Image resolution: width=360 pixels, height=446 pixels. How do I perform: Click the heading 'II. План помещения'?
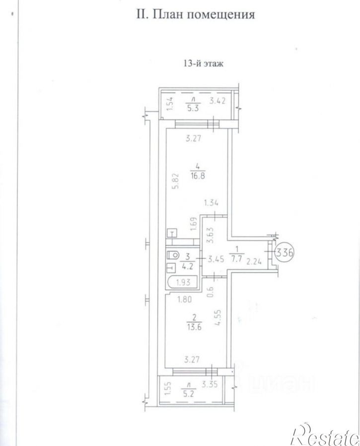[196, 14]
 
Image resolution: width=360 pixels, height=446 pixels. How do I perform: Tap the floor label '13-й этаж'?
[204, 63]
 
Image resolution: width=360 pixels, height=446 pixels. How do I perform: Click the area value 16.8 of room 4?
[198, 175]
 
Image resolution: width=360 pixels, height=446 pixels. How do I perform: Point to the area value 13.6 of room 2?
[194, 326]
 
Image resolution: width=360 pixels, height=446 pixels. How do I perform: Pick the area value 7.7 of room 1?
[236, 258]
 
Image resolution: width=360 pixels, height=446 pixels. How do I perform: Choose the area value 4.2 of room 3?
[187, 266]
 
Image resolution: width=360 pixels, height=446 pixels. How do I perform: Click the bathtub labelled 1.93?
[183, 282]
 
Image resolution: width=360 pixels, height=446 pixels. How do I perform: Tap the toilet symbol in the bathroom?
[173, 255]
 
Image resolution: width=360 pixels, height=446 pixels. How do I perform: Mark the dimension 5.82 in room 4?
[177, 181]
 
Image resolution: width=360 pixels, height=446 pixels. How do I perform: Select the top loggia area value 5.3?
[193, 108]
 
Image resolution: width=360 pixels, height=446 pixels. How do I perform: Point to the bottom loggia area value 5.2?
[190, 393]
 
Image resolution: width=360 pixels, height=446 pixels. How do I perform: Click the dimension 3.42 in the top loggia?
[217, 101]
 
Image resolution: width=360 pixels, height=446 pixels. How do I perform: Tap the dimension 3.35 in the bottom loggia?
[210, 384]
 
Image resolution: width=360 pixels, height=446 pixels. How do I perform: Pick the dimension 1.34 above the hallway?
[211, 203]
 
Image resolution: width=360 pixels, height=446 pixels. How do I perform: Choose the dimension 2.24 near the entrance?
[254, 261]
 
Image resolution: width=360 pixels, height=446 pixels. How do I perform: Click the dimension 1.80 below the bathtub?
[184, 299]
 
